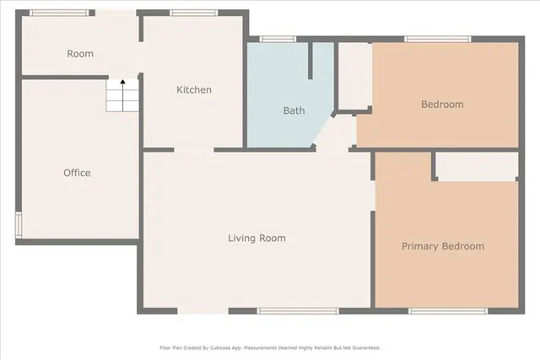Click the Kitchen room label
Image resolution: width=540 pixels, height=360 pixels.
click(193, 90)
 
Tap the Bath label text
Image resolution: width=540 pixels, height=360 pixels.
click(294, 110)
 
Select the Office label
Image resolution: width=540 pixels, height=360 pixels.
click(77, 173)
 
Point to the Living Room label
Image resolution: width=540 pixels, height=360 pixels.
click(256, 239)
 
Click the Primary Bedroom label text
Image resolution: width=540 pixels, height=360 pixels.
click(442, 246)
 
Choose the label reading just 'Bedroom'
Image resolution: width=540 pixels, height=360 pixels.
click(442, 105)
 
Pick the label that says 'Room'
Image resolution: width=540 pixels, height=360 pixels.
click(80, 54)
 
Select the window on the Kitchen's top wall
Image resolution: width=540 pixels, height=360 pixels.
click(193, 13)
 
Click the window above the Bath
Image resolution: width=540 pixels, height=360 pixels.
click(278, 39)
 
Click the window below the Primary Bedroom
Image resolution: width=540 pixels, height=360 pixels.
click(446, 311)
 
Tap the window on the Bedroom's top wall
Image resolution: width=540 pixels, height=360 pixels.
click(437, 39)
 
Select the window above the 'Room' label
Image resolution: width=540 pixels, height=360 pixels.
click(58, 13)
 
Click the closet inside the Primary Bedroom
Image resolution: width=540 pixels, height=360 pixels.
click(477, 167)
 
